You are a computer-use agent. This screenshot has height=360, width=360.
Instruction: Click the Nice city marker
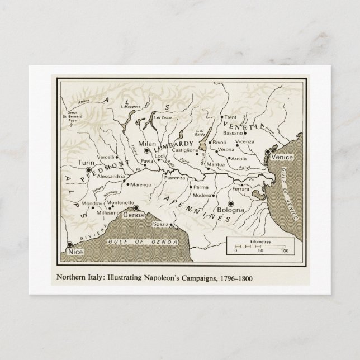(69, 244)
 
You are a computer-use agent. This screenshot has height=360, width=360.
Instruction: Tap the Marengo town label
(141, 184)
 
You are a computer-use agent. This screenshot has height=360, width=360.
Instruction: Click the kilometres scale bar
(259, 246)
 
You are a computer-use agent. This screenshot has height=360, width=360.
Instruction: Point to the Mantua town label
(216, 165)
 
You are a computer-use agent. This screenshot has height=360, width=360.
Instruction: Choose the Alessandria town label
(111, 177)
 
